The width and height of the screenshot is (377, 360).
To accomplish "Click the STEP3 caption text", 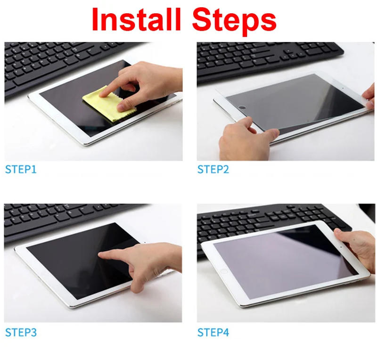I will click(x=21, y=333).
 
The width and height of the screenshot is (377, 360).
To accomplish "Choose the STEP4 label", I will click(x=213, y=333).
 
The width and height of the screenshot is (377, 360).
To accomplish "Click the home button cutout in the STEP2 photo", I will click(x=242, y=108).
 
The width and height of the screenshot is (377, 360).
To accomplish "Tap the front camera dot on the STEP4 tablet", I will click(x=341, y=245).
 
